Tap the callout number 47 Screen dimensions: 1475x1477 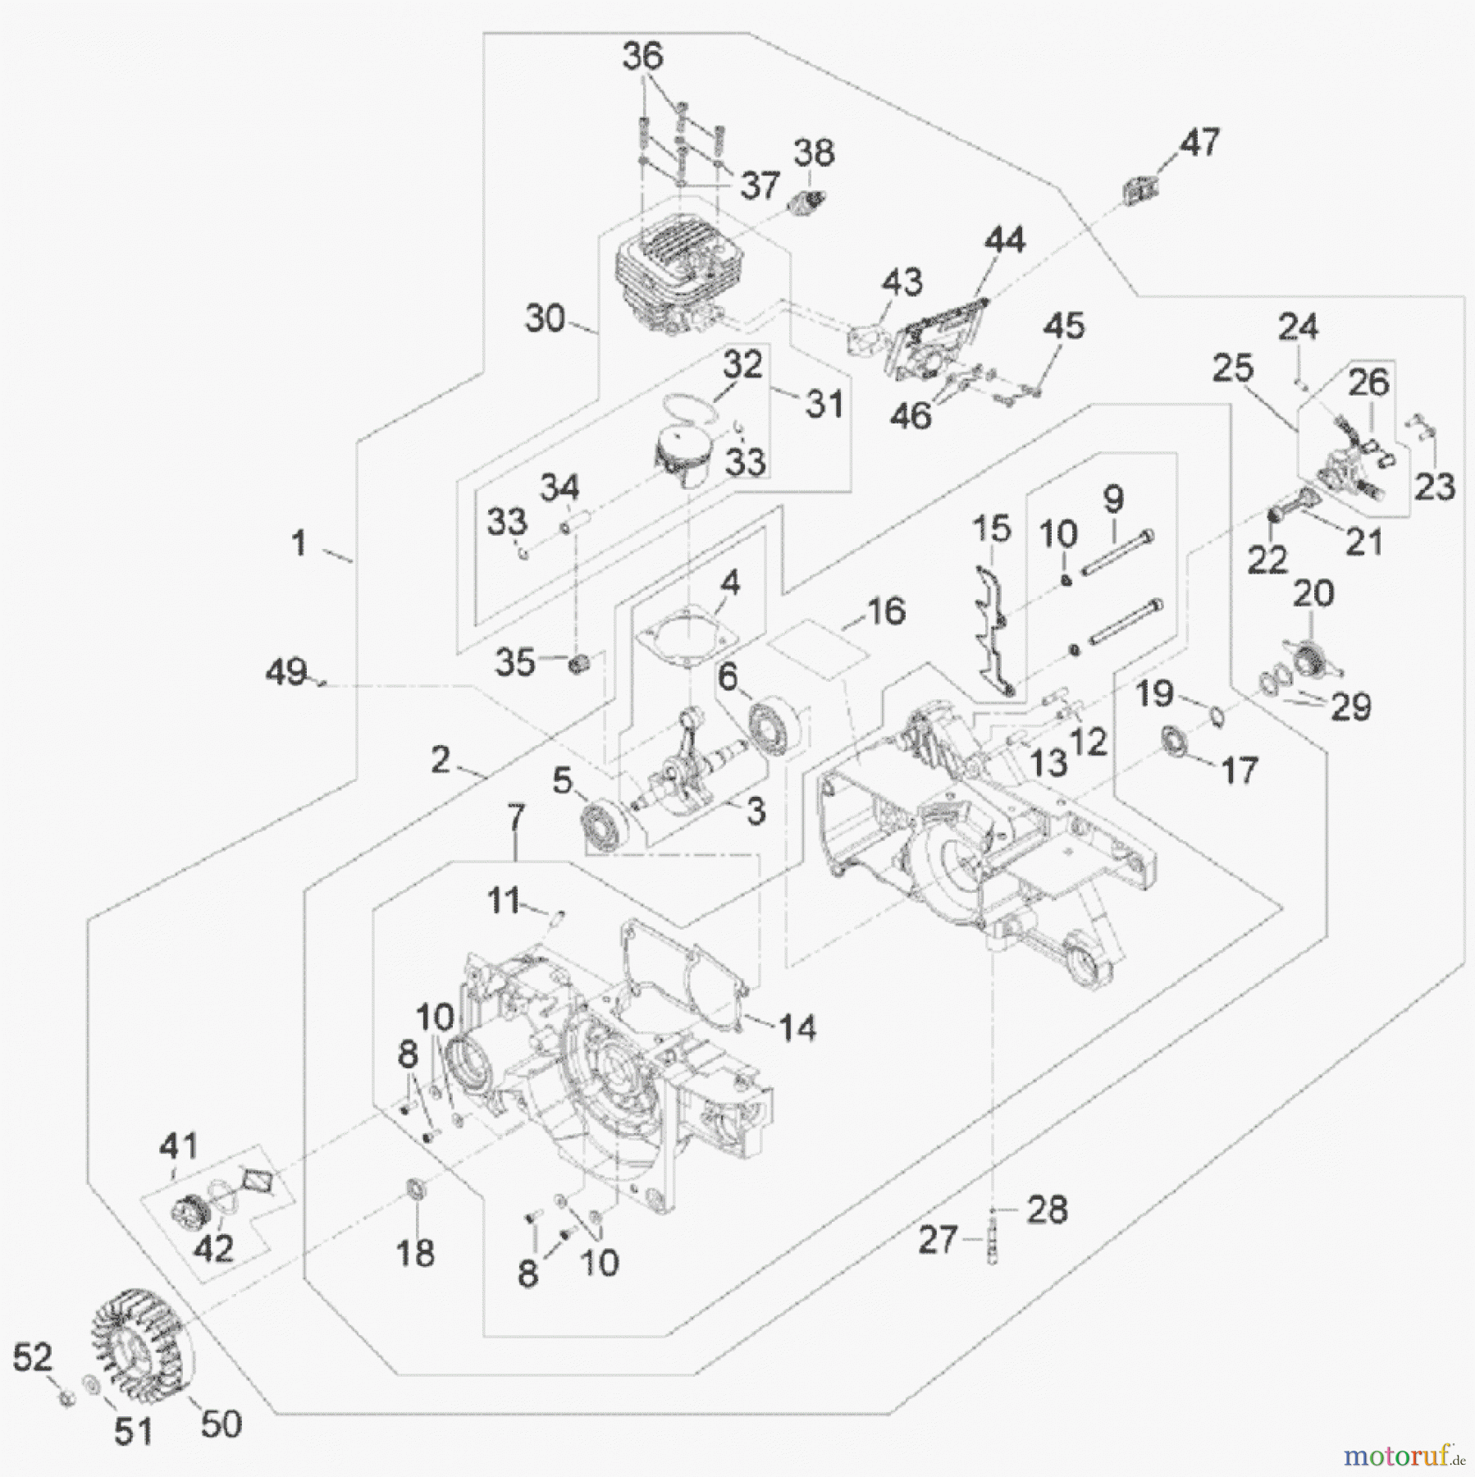pos(1199,142)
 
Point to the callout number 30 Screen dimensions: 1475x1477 pos(546,319)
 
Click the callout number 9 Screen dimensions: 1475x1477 pos(1113,498)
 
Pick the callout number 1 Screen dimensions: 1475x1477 pos(299,542)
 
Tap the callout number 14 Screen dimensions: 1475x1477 pos(797,1027)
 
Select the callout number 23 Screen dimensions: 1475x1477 pos(1435,486)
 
